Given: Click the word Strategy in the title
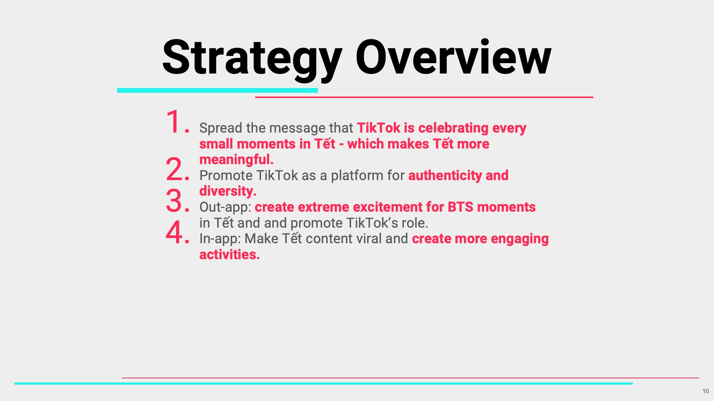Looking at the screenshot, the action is (x=252, y=59).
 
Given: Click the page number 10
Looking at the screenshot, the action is (x=705, y=391).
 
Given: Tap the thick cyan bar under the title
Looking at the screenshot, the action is (x=218, y=90).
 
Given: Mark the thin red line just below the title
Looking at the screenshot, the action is (x=424, y=97).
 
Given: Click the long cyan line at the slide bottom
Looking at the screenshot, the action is (x=324, y=384).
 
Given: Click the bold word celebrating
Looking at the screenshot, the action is (x=453, y=128).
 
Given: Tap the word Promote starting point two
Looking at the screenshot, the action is (x=226, y=175).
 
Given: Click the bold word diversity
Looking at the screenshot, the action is (x=228, y=191).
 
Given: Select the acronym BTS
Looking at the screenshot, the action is (x=460, y=207).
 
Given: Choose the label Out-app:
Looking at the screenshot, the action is (x=225, y=207).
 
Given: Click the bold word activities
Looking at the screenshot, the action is (x=229, y=255).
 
